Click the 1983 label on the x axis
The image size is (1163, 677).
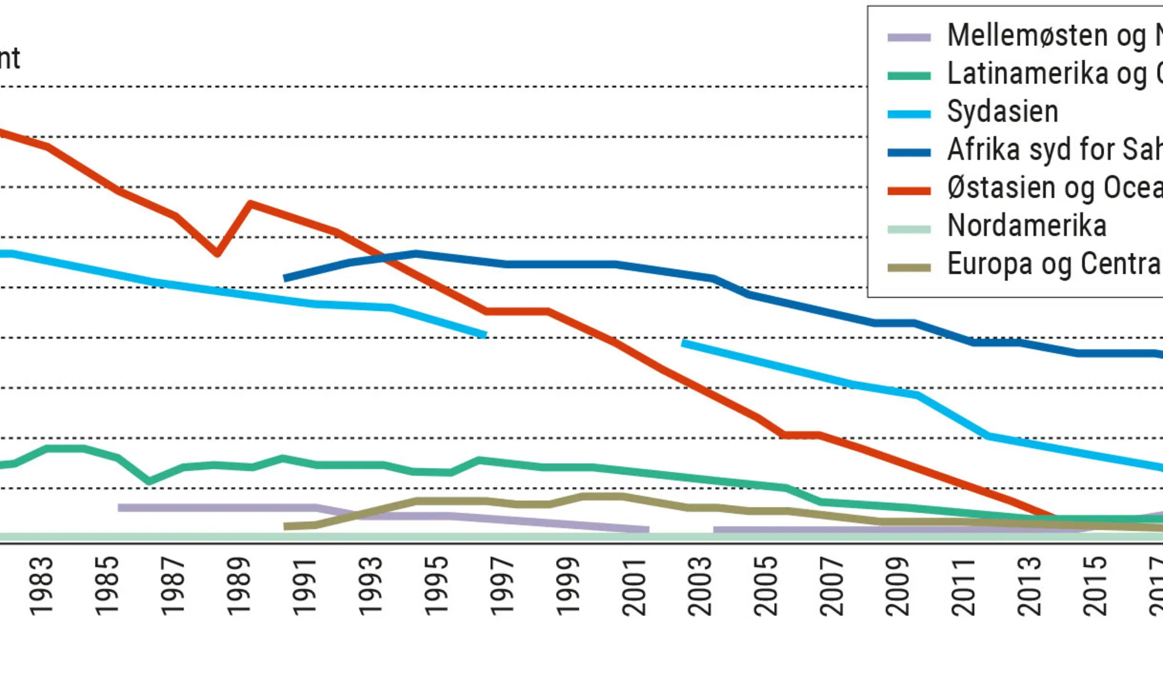click(x=41, y=586)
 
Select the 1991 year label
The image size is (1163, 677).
click(x=305, y=586)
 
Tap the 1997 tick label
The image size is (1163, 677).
click(x=502, y=586)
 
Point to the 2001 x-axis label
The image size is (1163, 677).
click(x=634, y=586)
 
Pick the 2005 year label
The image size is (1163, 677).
click(x=765, y=586)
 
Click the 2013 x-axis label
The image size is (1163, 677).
click(x=1029, y=586)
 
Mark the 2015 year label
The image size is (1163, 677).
click(x=1094, y=586)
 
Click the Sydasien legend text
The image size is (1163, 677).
click(x=1003, y=112)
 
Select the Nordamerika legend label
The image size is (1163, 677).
click(x=1026, y=225)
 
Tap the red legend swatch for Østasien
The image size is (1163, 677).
click(x=909, y=191)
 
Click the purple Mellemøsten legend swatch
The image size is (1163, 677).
click(x=909, y=38)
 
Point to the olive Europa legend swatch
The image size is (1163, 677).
click(x=909, y=267)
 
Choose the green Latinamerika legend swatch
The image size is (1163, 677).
click(x=909, y=76)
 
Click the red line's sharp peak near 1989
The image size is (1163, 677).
click(x=251, y=203)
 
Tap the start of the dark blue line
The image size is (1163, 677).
click(x=285, y=278)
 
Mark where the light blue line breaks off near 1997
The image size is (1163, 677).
click(x=485, y=335)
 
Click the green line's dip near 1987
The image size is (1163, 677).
click(x=149, y=481)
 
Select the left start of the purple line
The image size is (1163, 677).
click(x=120, y=507)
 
